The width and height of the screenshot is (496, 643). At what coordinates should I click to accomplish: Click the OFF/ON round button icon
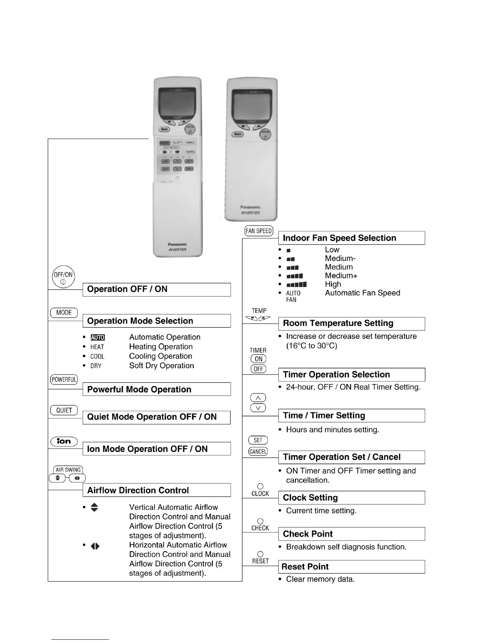(x=64, y=277)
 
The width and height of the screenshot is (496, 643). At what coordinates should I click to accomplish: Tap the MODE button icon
(x=64, y=313)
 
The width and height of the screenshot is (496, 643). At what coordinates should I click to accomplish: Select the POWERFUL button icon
(x=64, y=380)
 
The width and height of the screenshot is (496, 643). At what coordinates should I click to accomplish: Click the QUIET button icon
(x=64, y=410)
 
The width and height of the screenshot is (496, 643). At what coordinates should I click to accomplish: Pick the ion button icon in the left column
(x=64, y=441)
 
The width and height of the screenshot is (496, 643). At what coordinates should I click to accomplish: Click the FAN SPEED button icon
(x=259, y=231)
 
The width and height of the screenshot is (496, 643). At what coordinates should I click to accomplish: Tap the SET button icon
(x=258, y=440)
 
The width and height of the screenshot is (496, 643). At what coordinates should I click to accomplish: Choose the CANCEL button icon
(x=258, y=451)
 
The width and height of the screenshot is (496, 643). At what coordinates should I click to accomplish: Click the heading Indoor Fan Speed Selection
(x=339, y=238)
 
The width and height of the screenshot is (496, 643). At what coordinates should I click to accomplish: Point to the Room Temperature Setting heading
(x=338, y=323)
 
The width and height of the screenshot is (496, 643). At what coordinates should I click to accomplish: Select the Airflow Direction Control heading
(x=138, y=490)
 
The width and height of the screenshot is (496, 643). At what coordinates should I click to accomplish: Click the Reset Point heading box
(x=351, y=567)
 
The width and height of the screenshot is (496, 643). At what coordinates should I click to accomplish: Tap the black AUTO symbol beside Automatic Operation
(x=98, y=337)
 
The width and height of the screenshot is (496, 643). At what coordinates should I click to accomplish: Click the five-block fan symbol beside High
(x=297, y=285)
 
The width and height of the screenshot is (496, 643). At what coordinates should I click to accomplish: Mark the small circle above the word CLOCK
(x=260, y=486)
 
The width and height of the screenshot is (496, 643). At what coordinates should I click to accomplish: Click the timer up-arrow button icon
(x=258, y=398)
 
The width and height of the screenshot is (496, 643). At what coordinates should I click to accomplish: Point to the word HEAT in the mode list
(x=97, y=347)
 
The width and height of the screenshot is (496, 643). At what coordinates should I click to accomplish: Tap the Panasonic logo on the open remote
(x=177, y=244)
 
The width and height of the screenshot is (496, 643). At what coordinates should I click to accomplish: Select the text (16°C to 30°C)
(x=312, y=346)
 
